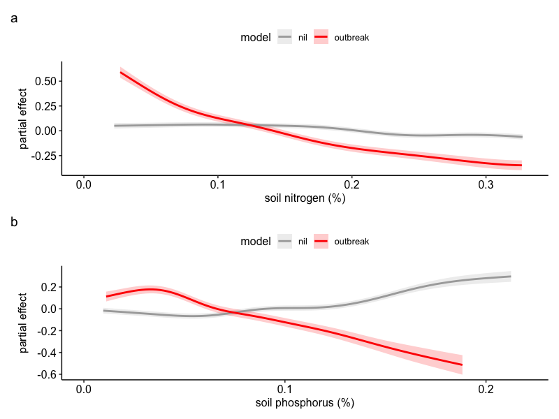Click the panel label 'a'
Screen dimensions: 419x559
click(x=14, y=19)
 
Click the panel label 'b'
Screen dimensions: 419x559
click(x=14, y=223)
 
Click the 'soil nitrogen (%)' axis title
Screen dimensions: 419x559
click(x=305, y=199)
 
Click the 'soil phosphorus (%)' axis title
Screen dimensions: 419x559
click(x=305, y=403)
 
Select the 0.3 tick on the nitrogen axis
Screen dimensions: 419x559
click(x=486, y=186)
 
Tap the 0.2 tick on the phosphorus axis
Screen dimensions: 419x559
click(x=486, y=390)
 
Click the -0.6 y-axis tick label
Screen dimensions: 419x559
click(x=48, y=374)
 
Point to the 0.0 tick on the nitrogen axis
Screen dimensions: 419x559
click(x=84, y=186)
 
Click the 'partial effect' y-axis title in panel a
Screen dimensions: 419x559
click(x=24, y=118)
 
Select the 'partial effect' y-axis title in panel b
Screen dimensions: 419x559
click(x=24, y=322)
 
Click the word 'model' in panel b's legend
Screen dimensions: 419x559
click(x=255, y=242)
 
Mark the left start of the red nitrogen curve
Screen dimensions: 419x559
click(x=121, y=73)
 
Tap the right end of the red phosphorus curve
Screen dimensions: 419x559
click(x=462, y=365)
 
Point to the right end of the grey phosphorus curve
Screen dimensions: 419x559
click(x=510, y=277)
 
